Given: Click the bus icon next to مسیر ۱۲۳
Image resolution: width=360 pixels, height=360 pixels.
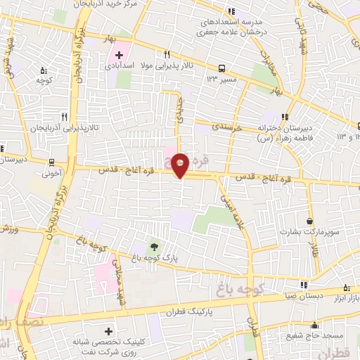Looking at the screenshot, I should [222, 69].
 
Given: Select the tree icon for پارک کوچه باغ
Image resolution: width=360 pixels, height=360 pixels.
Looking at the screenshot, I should [153, 246].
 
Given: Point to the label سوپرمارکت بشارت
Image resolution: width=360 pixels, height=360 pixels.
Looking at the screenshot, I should [309, 231].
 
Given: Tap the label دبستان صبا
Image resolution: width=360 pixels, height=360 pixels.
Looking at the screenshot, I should [304, 296].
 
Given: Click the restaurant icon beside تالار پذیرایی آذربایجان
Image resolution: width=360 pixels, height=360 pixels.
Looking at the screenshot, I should [64, 117].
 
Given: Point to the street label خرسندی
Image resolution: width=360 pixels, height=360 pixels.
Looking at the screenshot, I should [228, 129].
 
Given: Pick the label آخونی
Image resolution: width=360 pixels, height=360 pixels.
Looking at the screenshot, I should [53, 171].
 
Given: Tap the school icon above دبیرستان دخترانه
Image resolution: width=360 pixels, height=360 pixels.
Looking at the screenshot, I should [284, 117].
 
